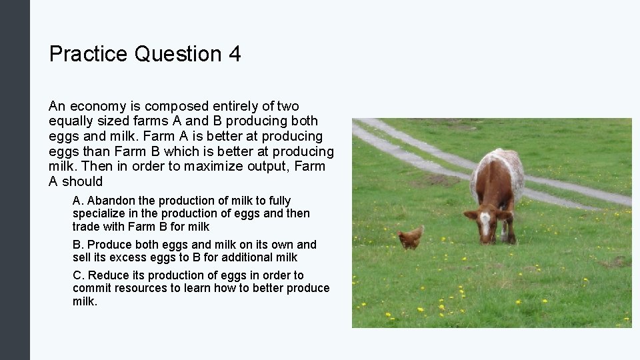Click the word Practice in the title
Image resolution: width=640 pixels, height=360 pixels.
(89, 53)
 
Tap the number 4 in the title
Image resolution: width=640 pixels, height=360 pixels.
(234, 53)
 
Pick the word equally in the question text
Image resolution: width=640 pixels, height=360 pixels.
(70, 121)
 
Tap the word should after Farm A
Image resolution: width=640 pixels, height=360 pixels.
(82, 181)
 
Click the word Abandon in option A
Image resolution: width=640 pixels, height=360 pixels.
(111, 201)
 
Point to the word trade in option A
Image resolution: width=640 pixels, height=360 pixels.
(86, 227)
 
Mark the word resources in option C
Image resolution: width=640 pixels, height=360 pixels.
(141, 288)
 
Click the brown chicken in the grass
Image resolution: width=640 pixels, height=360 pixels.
(411, 237)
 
